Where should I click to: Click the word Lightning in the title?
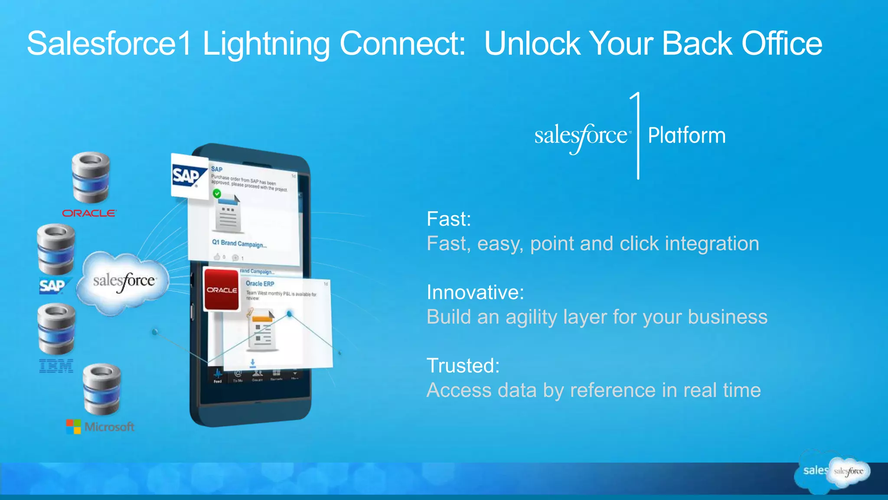pos(266,44)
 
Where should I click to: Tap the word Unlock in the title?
pos(532,44)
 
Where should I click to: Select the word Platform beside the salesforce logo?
pos(686,135)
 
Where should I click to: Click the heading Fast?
pos(448,219)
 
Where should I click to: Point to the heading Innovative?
pos(475,292)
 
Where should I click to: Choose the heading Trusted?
pos(463,365)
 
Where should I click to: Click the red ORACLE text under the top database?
pos(89,213)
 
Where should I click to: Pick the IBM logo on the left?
pos(56,366)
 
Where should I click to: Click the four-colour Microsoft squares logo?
pos(73,426)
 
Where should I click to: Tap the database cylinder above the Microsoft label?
pos(102,389)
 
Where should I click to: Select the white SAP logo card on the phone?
pos(189,175)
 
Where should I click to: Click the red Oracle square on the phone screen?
pos(222,289)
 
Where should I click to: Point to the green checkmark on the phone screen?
pos(217,193)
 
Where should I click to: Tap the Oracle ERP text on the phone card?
pos(260,283)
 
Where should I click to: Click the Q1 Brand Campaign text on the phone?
pos(239,243)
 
